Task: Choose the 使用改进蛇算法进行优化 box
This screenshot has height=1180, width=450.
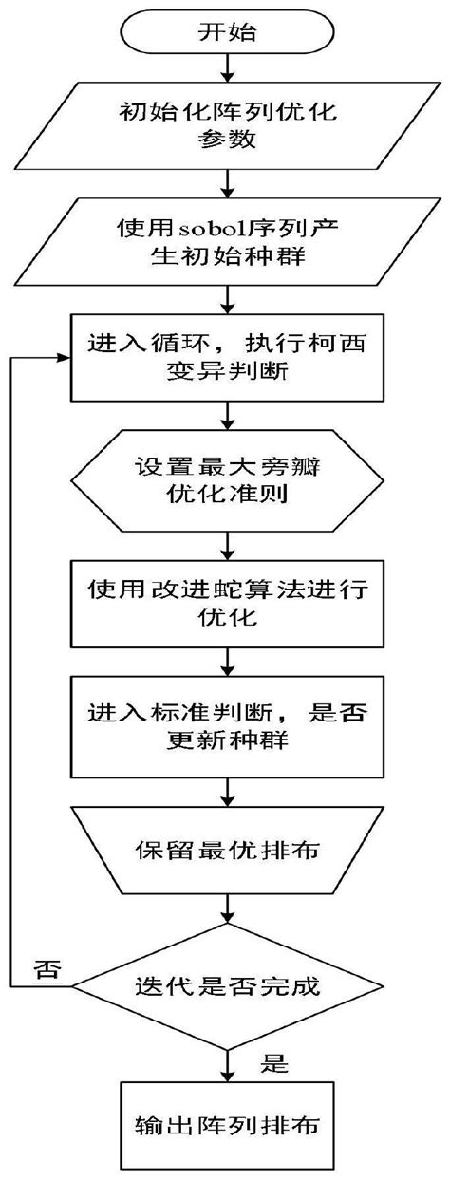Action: pos(226,603)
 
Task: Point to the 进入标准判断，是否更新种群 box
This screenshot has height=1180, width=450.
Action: pos(226,726)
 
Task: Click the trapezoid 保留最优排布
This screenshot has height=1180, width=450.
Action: pos(226,848)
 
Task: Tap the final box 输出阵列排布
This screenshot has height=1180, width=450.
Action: pos(226,1127)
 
